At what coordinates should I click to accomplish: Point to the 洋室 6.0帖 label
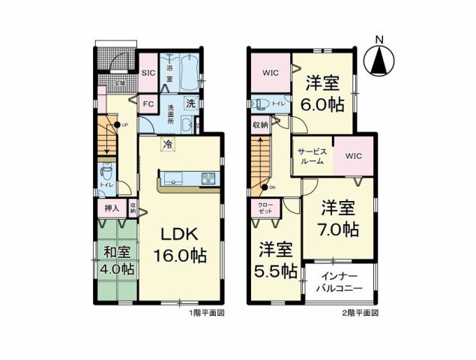pos(325,94)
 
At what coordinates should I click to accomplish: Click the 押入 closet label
pos(109,207)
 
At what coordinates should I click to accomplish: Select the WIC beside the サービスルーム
pos(353,156)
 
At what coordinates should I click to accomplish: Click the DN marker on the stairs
pos(266,187)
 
